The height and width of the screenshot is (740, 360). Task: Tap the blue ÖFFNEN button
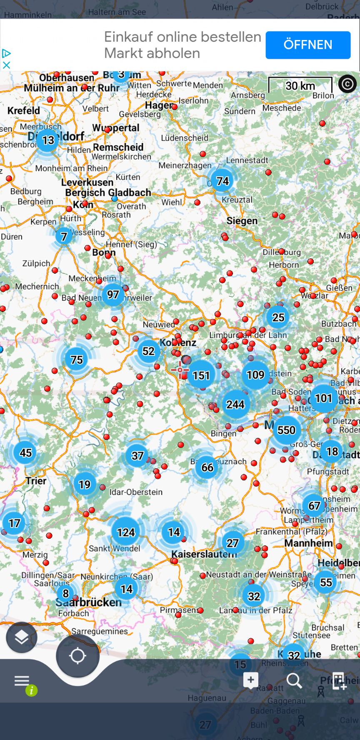pos(308,45)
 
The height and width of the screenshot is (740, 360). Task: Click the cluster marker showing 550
pos(286,430)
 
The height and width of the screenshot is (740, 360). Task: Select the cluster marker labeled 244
pos(235,405)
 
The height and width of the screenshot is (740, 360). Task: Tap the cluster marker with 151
pos(201,375)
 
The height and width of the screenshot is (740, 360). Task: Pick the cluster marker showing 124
pos(126,532)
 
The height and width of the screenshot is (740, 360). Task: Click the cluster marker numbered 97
pos(113,295)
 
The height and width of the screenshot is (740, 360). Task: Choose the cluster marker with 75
pos(77,360)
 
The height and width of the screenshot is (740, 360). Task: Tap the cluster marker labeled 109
pos(255,375)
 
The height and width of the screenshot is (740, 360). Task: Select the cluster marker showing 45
pos(26,453)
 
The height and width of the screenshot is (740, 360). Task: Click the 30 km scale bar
pos(300,85)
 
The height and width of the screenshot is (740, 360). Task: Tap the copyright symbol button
pos(347,84)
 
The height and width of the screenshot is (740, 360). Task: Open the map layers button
pos(22,637)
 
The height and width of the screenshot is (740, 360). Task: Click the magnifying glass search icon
pos(294,681)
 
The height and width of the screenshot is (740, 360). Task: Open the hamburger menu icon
pos(22,681)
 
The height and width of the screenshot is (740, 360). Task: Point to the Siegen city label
pos(242,221)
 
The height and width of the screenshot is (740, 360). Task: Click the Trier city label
pos(36,481)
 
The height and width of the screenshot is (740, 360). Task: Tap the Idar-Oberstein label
pos(136,492)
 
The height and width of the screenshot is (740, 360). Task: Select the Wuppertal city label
pos(116,128)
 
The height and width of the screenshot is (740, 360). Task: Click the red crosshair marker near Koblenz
pos(180,370)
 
